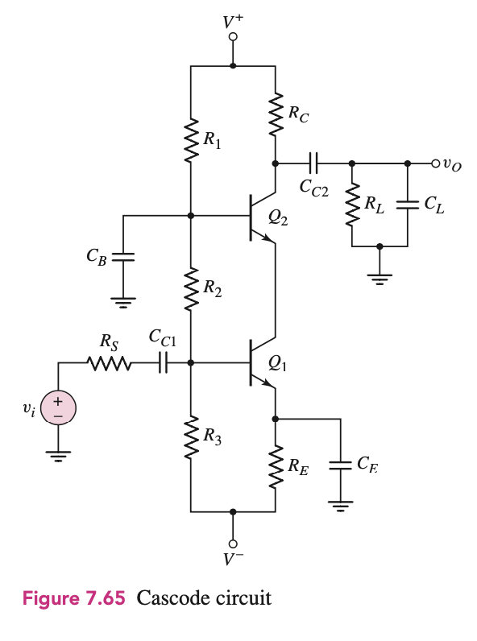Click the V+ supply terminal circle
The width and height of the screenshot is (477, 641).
(233, 37)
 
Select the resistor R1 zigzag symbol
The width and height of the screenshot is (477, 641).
(191, 142)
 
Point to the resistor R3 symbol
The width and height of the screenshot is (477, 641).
(191, 438)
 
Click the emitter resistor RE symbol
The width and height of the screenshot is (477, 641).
(276, 465)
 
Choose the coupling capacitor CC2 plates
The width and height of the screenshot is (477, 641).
(313, 163)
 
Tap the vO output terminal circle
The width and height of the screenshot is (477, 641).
(436, 163)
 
